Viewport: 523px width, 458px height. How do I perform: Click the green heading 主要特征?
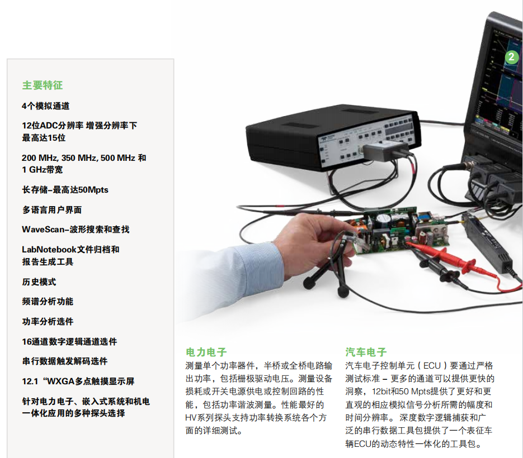point(43,85)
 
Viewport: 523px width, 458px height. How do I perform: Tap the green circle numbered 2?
point(512,57)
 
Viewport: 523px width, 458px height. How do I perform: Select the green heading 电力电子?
point(206,352)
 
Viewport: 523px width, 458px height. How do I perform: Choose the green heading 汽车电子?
point(366,352)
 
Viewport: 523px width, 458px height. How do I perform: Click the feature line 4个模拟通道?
point(46,106)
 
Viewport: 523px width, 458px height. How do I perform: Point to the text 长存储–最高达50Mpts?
point(65,190)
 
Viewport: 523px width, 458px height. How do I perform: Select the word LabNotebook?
point(49,250)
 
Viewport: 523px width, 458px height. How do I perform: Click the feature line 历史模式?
point(39,282)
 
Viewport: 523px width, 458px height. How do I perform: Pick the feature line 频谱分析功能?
point(48,302)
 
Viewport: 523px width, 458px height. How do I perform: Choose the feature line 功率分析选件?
point(48,321)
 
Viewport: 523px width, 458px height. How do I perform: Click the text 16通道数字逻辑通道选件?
point(69,341)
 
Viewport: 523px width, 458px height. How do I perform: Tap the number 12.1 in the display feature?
point(30,381)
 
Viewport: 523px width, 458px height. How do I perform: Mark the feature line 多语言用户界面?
point(52,210)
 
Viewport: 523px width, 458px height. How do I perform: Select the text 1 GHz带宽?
point(43,170)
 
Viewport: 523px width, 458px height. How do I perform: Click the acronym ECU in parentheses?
point(432,366)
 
